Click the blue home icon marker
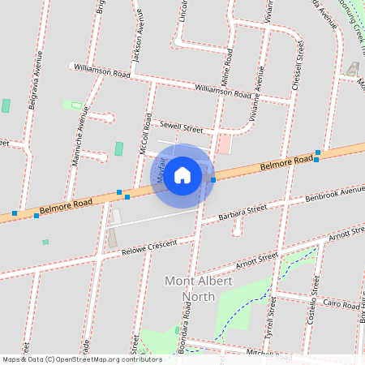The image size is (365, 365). click(182, 174)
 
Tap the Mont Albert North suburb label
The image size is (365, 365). click(191, 289)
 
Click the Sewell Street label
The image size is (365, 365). click(180, 127)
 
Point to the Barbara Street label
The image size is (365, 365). click(243, 213)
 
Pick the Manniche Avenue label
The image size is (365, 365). click(81, 131)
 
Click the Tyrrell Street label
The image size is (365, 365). click(273, 316)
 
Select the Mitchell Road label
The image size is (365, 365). click(268, 354)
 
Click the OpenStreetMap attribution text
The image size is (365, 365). click(81, 359)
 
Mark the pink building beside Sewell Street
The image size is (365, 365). click(223, 144)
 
